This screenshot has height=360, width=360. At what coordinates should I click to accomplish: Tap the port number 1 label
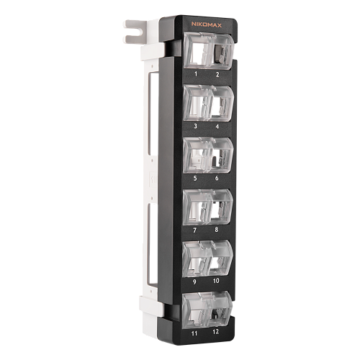[x=196, y=74]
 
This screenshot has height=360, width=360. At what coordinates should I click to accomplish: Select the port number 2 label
[x=217, y=74]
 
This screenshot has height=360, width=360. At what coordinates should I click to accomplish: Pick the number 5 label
[x=195, y=178]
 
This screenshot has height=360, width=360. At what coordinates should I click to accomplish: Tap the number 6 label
[x=217, y=178]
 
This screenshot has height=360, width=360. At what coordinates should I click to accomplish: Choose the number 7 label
[x=195, y=230]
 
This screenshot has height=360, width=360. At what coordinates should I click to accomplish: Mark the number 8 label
[x=217, y=230]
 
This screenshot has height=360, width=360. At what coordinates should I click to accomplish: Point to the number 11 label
[x=194, y=333]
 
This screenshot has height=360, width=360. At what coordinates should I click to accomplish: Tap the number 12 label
[x=216, y=332]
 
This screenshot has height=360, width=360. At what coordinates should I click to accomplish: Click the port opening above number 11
[x=195, y=310]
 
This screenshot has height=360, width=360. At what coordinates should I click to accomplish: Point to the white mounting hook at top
[x=138, y=30]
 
